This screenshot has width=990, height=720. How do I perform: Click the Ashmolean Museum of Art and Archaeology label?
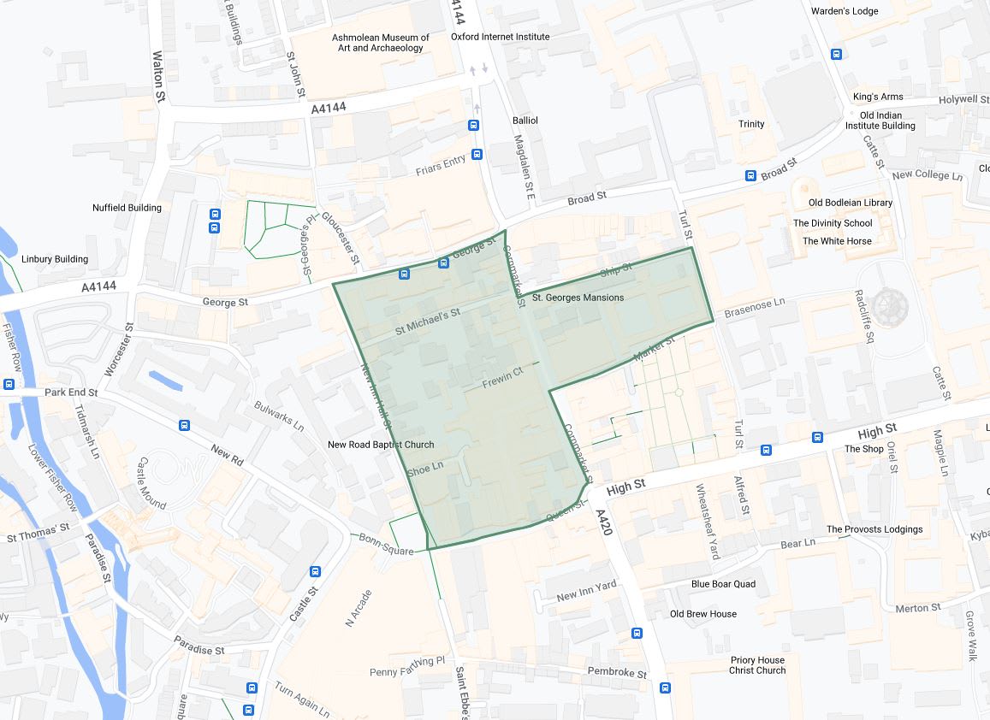coord(382,43)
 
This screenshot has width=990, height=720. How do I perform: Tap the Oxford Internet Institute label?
coord(501,37)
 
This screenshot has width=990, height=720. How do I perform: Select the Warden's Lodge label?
coord(845,11)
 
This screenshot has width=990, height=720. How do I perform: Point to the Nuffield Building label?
coord(127,208)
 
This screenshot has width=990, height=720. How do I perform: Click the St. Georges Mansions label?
coord(578,298)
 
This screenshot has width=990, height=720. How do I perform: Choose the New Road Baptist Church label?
coord(381,445)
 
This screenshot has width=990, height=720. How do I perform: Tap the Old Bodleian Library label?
coord(851,203)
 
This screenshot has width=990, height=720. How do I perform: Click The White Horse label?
coord(837,241)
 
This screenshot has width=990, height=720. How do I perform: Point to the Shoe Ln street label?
coord(425,469)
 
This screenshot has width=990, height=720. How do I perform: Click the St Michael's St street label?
coord(427,322)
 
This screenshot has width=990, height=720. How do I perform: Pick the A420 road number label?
coord(603,522)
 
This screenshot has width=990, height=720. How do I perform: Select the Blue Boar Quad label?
coord(723,584)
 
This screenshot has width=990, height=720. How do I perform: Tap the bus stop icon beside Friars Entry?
coord(477,154)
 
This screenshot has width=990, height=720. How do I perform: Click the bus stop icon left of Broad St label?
coord(750,176)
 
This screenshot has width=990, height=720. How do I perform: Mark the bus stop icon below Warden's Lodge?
coord(837,54)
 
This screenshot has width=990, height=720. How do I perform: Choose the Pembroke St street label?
coord(617,673)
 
